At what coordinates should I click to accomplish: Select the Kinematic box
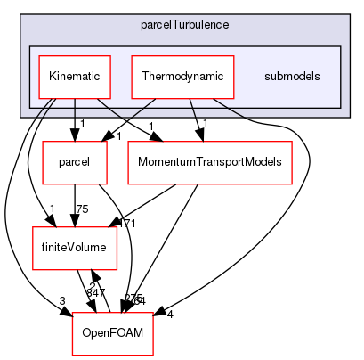(x=74, y=77)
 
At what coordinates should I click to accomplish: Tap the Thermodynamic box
(x=182, y=77)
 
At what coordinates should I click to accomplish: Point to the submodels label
(x=292, y=77)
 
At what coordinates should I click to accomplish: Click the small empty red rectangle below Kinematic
(x=75, y=163)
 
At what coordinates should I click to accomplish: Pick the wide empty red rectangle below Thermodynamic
(x=210, y=163)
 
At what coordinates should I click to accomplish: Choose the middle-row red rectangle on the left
(x=75, y=249)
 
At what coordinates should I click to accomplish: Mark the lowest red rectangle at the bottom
(x=112, y=334)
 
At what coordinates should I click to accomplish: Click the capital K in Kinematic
(x=51, y=77)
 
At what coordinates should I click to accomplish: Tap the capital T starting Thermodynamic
(x=144, y=77)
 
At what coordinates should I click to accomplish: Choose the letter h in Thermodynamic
(x=150, y=77)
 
